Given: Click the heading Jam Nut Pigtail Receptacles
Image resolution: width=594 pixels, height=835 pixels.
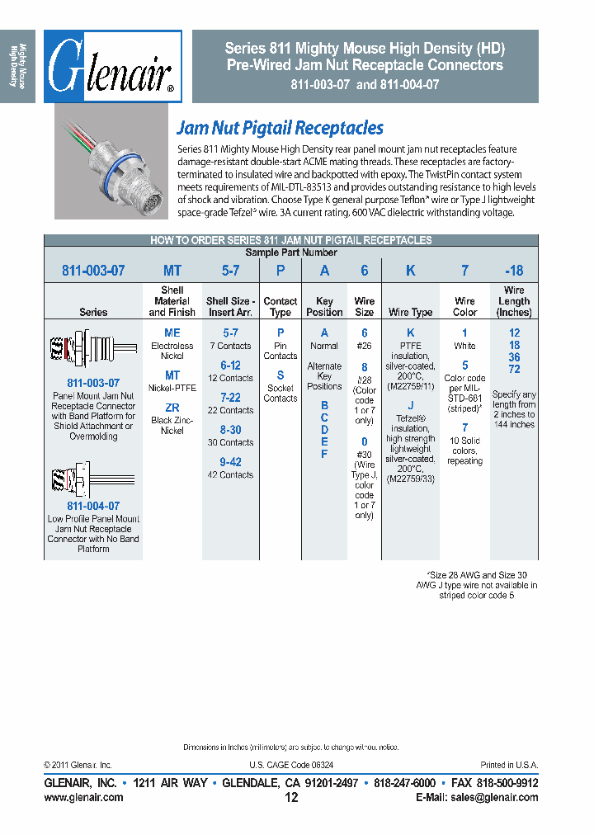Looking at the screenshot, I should point(280,128).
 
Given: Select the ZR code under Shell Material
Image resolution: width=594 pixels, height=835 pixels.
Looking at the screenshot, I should point(172,408).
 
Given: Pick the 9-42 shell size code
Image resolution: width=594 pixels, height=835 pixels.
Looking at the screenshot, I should point(230,462).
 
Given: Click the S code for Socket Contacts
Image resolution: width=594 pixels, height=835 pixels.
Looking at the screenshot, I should point(280,375).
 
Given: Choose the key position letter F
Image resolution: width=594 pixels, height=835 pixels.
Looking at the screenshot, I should point(324,454).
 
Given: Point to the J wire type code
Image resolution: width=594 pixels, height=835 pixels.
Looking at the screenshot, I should point(410,405).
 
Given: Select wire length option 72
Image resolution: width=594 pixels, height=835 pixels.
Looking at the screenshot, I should point(514,370).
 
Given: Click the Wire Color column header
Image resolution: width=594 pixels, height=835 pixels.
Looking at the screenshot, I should point(464,307).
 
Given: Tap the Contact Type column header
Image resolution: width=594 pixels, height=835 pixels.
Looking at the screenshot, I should point(280,307).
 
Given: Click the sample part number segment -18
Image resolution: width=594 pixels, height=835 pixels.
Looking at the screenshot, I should point(513,271).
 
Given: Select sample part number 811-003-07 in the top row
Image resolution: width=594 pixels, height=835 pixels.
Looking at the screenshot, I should point(93,271).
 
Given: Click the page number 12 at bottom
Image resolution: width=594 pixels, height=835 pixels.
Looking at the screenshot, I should point(291,798).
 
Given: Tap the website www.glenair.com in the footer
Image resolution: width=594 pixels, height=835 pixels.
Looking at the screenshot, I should point(83,797).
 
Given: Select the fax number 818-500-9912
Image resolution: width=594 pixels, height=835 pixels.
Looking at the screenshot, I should point(507,782).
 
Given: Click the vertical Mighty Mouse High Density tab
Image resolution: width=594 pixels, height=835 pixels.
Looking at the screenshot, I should point(17,66).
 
